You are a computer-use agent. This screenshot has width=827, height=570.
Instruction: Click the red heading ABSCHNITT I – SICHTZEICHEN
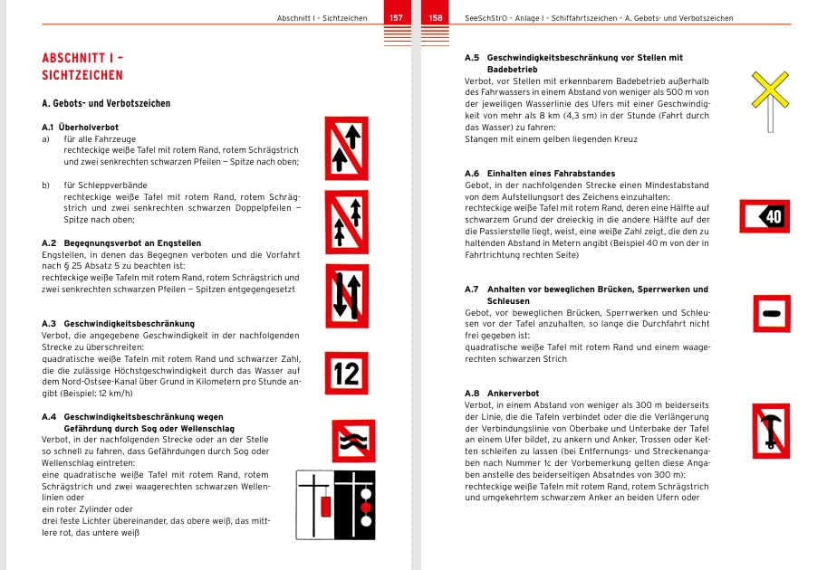[x=82, y=67]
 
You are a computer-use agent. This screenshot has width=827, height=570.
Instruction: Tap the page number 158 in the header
[x=436, y=18]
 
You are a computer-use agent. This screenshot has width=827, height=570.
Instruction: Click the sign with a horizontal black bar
[x=771, y=313]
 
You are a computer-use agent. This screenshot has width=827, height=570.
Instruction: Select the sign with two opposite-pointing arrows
[x=346, y=296]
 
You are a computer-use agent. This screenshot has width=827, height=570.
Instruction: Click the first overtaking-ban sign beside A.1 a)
[x=346, y=148]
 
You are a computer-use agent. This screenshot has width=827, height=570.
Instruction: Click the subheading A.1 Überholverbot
[x=81, y=128]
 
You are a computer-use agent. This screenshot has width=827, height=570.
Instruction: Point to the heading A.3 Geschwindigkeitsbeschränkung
[x=118, y=323]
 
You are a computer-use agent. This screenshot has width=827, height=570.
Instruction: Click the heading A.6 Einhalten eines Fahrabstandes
[x=539, y=173]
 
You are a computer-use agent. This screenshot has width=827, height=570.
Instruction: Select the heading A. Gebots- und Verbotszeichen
[x=106, y=104]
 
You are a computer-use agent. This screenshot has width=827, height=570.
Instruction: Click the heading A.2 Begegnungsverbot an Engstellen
[x=121, y=243]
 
